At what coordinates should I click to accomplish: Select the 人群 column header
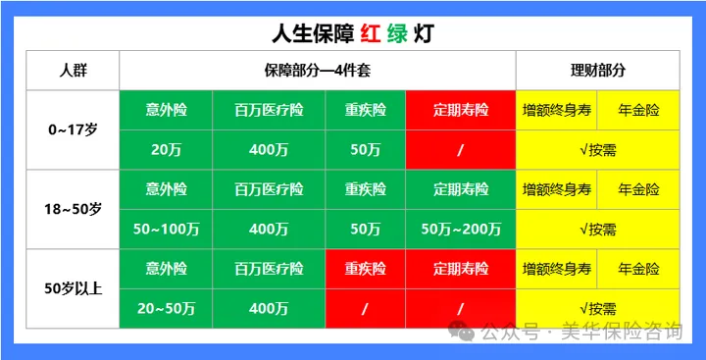point(73,71)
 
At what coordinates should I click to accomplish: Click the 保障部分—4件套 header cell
point(317,71)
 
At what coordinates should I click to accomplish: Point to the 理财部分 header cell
point(597,71)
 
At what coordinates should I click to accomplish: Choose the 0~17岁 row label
point(73,129)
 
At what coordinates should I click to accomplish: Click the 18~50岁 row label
point(73,209)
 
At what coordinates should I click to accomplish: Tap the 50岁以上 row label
point(73,288)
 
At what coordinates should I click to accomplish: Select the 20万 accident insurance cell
point(166,149)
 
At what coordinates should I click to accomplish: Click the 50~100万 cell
point(166,229)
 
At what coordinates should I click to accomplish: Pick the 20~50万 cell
point(166,308)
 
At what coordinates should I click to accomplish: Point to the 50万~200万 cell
point(460,229)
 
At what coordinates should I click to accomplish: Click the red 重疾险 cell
point(365,269)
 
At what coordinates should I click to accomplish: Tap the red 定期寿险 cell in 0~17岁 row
point(460,110)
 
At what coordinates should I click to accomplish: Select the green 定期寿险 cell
point(460,189)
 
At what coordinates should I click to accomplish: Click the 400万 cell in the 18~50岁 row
point(269,229)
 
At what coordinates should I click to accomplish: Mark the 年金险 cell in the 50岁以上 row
point(638,269)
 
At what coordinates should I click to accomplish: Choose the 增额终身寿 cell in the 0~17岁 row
point(556,110)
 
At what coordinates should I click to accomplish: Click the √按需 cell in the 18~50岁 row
point(597,229)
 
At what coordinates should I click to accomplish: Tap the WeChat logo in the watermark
point(460,332)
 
